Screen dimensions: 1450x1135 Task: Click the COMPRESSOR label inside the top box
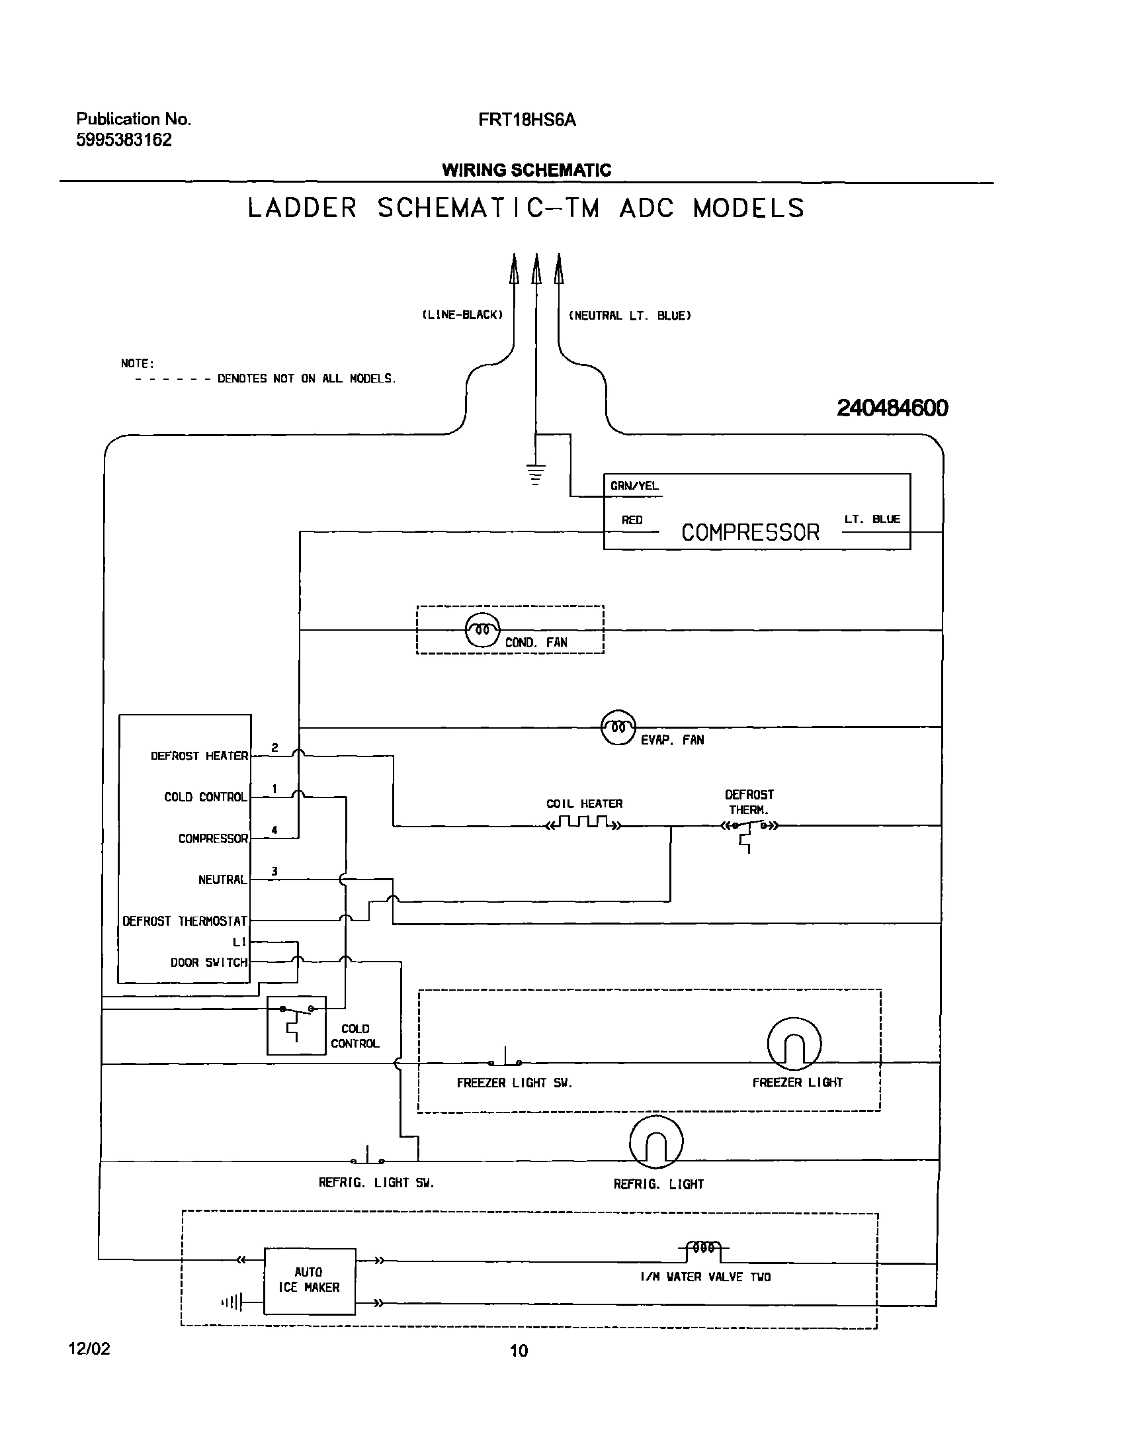pos(749,533)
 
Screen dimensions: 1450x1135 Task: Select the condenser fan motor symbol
pos(482,629)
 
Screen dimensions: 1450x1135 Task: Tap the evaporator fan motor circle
pos(618,727)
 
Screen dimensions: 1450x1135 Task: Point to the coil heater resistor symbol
pos(583,824)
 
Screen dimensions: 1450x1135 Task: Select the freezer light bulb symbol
pos(794,1044)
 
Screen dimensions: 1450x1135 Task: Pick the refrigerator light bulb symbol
pos(656,1142)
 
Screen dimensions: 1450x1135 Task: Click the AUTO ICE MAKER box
pos(309,1281)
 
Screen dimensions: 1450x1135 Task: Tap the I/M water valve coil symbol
pos(704,1248)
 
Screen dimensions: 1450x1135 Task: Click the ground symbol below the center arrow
pos(536,474)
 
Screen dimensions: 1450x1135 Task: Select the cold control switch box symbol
pos(296,1025)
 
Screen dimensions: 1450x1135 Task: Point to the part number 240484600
pos(892,408)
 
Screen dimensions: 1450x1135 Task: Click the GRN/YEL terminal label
pos(634,486)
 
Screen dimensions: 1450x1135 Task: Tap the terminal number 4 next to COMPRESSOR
pos(274,830)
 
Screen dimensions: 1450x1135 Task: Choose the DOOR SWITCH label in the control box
pos(208,963)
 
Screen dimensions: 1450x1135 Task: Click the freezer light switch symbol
pos(505,1058)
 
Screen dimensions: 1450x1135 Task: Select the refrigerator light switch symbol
pos(368,1157)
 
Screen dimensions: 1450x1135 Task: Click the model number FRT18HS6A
pos(527,120)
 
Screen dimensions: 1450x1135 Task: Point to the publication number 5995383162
pos(124,140)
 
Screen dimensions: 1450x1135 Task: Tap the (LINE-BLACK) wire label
pos(462,314)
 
